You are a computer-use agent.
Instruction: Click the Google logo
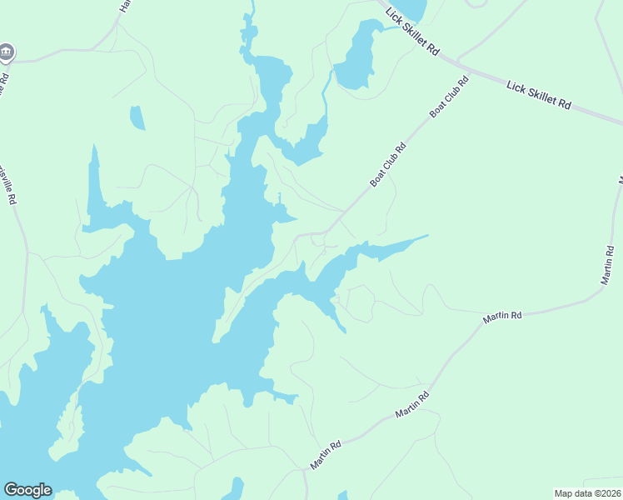28,490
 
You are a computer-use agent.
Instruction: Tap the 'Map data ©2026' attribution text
587,492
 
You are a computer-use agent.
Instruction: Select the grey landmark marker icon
7,52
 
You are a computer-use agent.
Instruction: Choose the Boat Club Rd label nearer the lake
388,164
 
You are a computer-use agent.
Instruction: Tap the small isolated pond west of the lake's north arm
137,118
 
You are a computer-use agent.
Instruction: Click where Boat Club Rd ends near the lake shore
297,235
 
